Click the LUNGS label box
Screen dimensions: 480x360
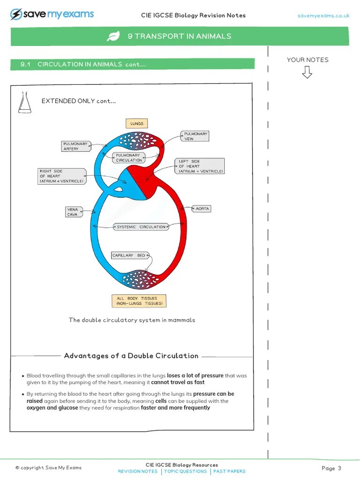pyautogui.click(x=137, y=124)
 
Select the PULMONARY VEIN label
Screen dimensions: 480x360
pyautogui.click(x=195, y=136)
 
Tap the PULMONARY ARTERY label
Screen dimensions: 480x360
pyautogui.click(x=75, y=146)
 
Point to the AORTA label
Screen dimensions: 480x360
pyautogui.click(x=202, y=209)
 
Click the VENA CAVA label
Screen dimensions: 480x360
pyautogui.click(x=74, y=212)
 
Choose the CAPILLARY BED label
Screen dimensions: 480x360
pyautogui.click(x=129, y=255)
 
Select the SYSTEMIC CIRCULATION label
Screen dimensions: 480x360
pyautogui.click(x=141, y=227)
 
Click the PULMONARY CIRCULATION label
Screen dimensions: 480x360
pyautogui.click(x=128, y=157)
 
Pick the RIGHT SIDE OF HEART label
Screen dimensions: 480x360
pyautogui.click(x=62, y=176)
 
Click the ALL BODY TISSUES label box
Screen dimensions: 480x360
pyautogui.click(x=139, y=301)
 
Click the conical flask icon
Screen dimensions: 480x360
pyautogui.click(x=24, y=103)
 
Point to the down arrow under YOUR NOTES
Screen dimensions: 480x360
pyautogui.click(x=307, y=72)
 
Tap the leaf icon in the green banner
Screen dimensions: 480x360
pyautogui.click(x=113, y=36)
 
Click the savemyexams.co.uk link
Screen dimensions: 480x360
pyautogui.click(x=323, y=16)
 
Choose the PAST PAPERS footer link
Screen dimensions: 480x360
pyautogui.click(x=229, y=472)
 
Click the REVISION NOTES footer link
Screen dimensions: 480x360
pyautogui.click(x=138, y=472)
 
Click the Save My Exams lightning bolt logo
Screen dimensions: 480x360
pyautogui.click(x=16, y=15)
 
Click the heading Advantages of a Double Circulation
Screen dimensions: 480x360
pyautogui.click(x=131, y=356)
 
